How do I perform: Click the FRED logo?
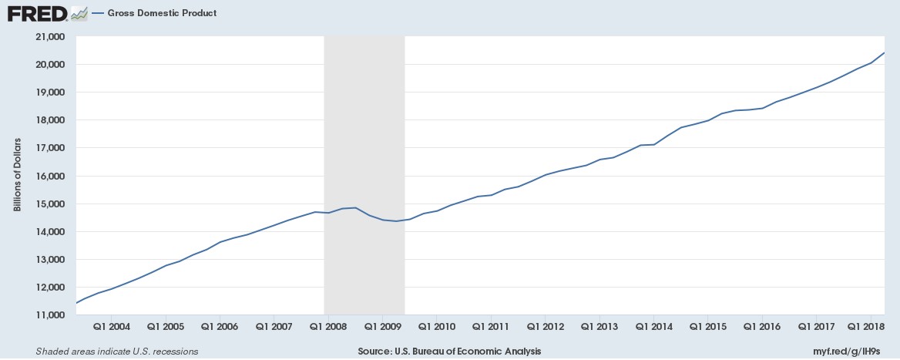click(37, 13)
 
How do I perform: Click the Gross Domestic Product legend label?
click(161, 13)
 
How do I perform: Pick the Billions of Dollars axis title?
click(17, 176)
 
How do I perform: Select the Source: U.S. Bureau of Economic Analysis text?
click(449, 352)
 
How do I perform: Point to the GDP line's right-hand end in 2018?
click(883, 52)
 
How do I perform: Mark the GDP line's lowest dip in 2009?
click(396, 221)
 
